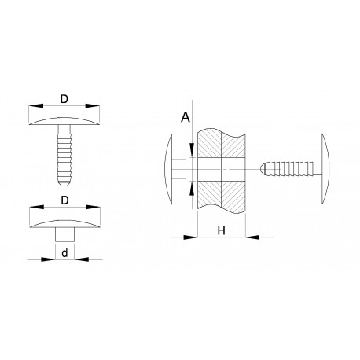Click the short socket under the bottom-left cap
(64, 234)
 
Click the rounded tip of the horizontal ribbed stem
(263, 168)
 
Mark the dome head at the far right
(325, 168)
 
